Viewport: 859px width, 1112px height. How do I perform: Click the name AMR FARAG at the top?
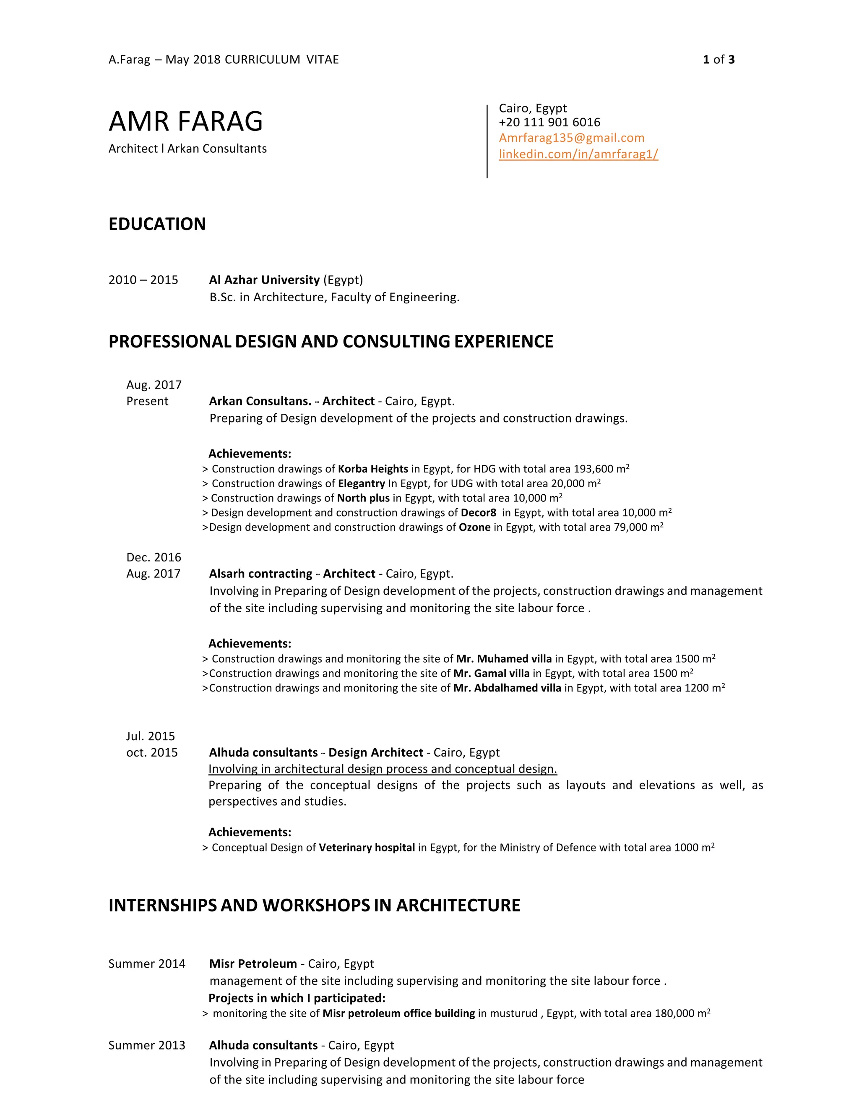pos(186,122)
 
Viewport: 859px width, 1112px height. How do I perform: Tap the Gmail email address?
pos(572,138)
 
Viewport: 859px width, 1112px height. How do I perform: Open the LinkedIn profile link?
pos(578,154)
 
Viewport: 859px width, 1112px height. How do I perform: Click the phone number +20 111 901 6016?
pos(549,122)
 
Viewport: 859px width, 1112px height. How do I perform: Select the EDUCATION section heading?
pos(157,224)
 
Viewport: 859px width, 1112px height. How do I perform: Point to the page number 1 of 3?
pos(718,60)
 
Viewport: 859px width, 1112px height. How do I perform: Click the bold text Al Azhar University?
pos(264,279)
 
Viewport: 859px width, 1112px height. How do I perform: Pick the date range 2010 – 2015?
pos(143,279)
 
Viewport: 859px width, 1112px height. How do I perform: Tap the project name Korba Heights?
pos(372,469)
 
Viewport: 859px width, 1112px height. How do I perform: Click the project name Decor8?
pos(478,513)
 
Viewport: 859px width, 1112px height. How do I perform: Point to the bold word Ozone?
pos(474,527)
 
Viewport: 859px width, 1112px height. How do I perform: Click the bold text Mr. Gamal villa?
pos(491,673)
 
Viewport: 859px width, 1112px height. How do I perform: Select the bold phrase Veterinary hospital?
pos(367,847)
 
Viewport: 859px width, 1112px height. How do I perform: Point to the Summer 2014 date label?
pos(146,963)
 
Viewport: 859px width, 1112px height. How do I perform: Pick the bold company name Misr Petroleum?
pos(253,963)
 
